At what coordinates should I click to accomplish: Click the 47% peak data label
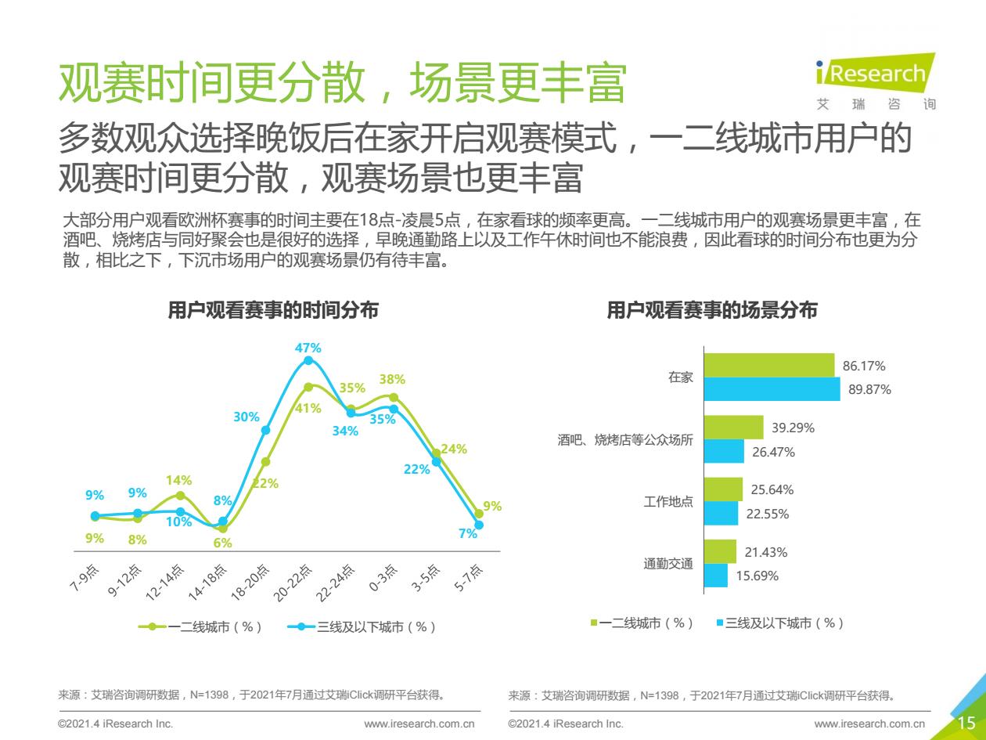(308, 348)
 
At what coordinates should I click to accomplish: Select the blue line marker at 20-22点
(308, 360)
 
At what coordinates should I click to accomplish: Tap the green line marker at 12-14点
(180, 496)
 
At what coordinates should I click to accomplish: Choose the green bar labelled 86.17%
(769, 365)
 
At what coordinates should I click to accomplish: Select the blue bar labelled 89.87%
(772, 389)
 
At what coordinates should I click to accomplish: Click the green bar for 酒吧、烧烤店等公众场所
(733, 428)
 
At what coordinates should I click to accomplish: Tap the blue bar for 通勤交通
(716, 576)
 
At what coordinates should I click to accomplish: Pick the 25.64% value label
(772, 490)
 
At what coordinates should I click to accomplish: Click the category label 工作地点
(668, 502)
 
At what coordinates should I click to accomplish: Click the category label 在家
(680, 377)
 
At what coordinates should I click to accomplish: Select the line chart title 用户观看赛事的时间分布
(273, 311)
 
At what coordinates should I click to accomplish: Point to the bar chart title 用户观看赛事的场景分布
(712, 311)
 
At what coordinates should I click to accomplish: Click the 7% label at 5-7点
(468, 534)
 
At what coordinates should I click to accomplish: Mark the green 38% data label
(392, 380)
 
